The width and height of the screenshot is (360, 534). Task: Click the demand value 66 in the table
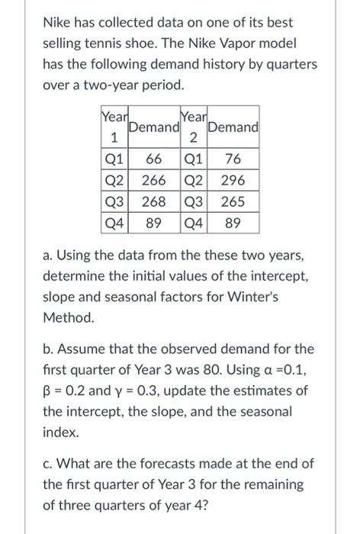point(153,160)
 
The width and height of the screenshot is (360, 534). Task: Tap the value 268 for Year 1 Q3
point(153,203)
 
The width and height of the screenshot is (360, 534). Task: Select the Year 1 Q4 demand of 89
point(153,224)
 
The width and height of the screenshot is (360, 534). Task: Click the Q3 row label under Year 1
point(114,203)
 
